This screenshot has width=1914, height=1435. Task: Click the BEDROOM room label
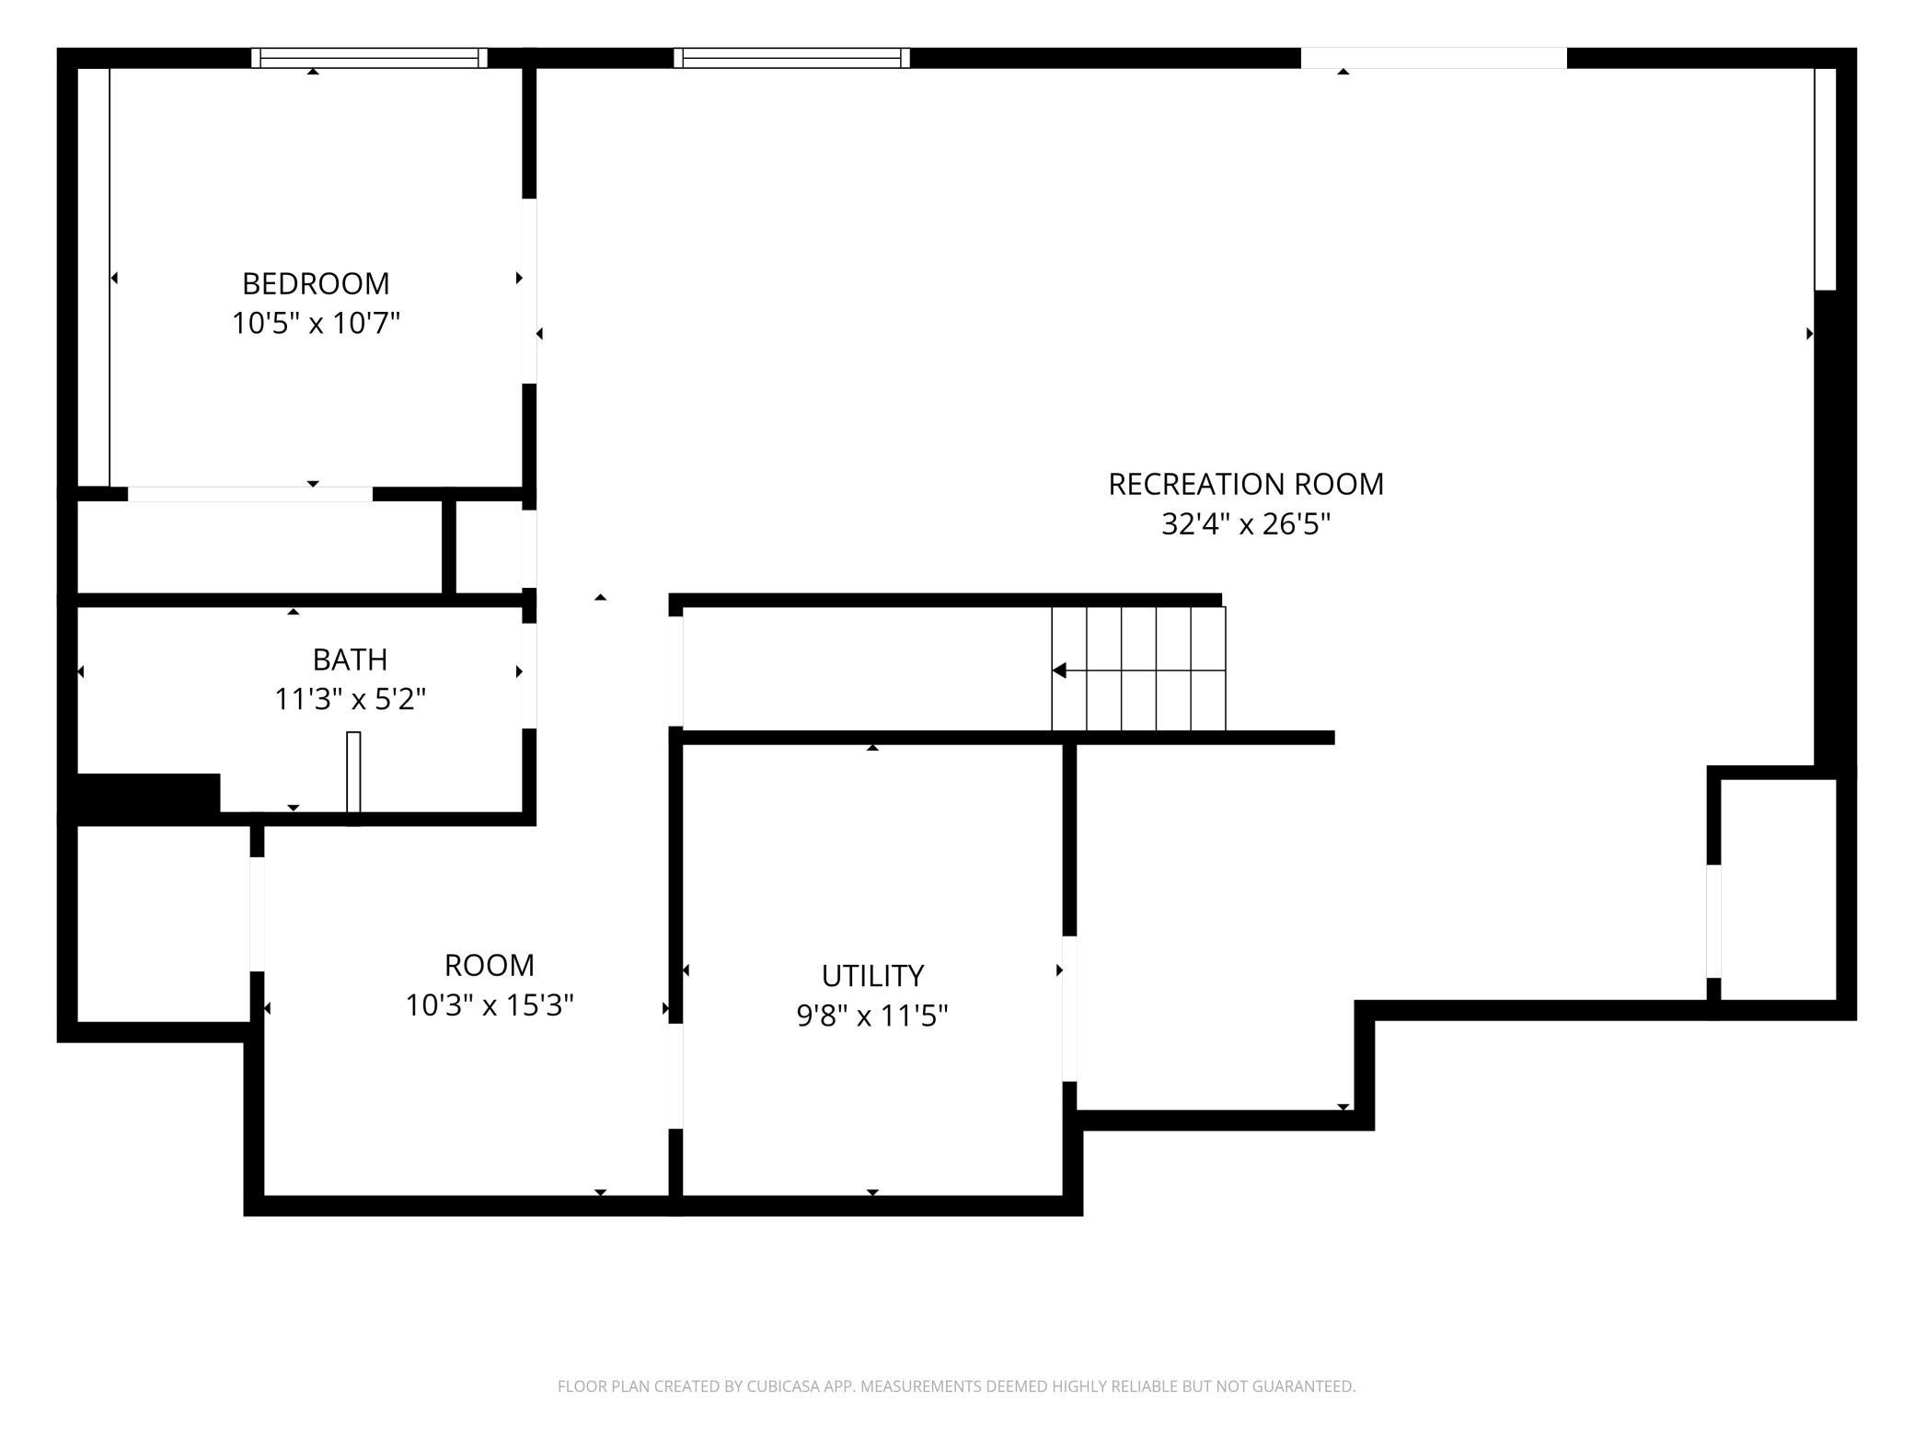[316, 283]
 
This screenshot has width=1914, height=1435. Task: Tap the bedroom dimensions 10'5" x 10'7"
[316, 324]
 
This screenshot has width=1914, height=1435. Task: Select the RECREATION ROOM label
[1246, 484]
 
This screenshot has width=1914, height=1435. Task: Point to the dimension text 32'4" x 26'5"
[1246, 524]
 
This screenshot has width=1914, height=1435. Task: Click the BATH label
[350, 660]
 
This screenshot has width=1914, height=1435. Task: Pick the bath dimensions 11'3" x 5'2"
[350, 700]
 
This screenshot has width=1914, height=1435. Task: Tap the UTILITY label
[872, 975]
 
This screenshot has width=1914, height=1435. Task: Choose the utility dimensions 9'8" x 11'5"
[872, 1016]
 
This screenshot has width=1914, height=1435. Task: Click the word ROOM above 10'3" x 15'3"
[490, 965]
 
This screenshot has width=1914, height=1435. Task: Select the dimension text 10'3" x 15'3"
[490, 1005]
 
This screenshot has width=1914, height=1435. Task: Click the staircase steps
[1138, 669]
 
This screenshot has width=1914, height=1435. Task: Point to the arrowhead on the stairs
[1059, 671]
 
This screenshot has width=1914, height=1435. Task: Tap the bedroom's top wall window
[369, 58]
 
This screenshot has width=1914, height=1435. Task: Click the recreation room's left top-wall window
[791, 58]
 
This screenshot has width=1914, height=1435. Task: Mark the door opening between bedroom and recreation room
[529, 291]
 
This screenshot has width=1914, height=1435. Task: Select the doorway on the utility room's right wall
[1069, 1009]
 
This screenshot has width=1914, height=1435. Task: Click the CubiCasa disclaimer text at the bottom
[957, 1386]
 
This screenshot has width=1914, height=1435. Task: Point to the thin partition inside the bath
[353, 773]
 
